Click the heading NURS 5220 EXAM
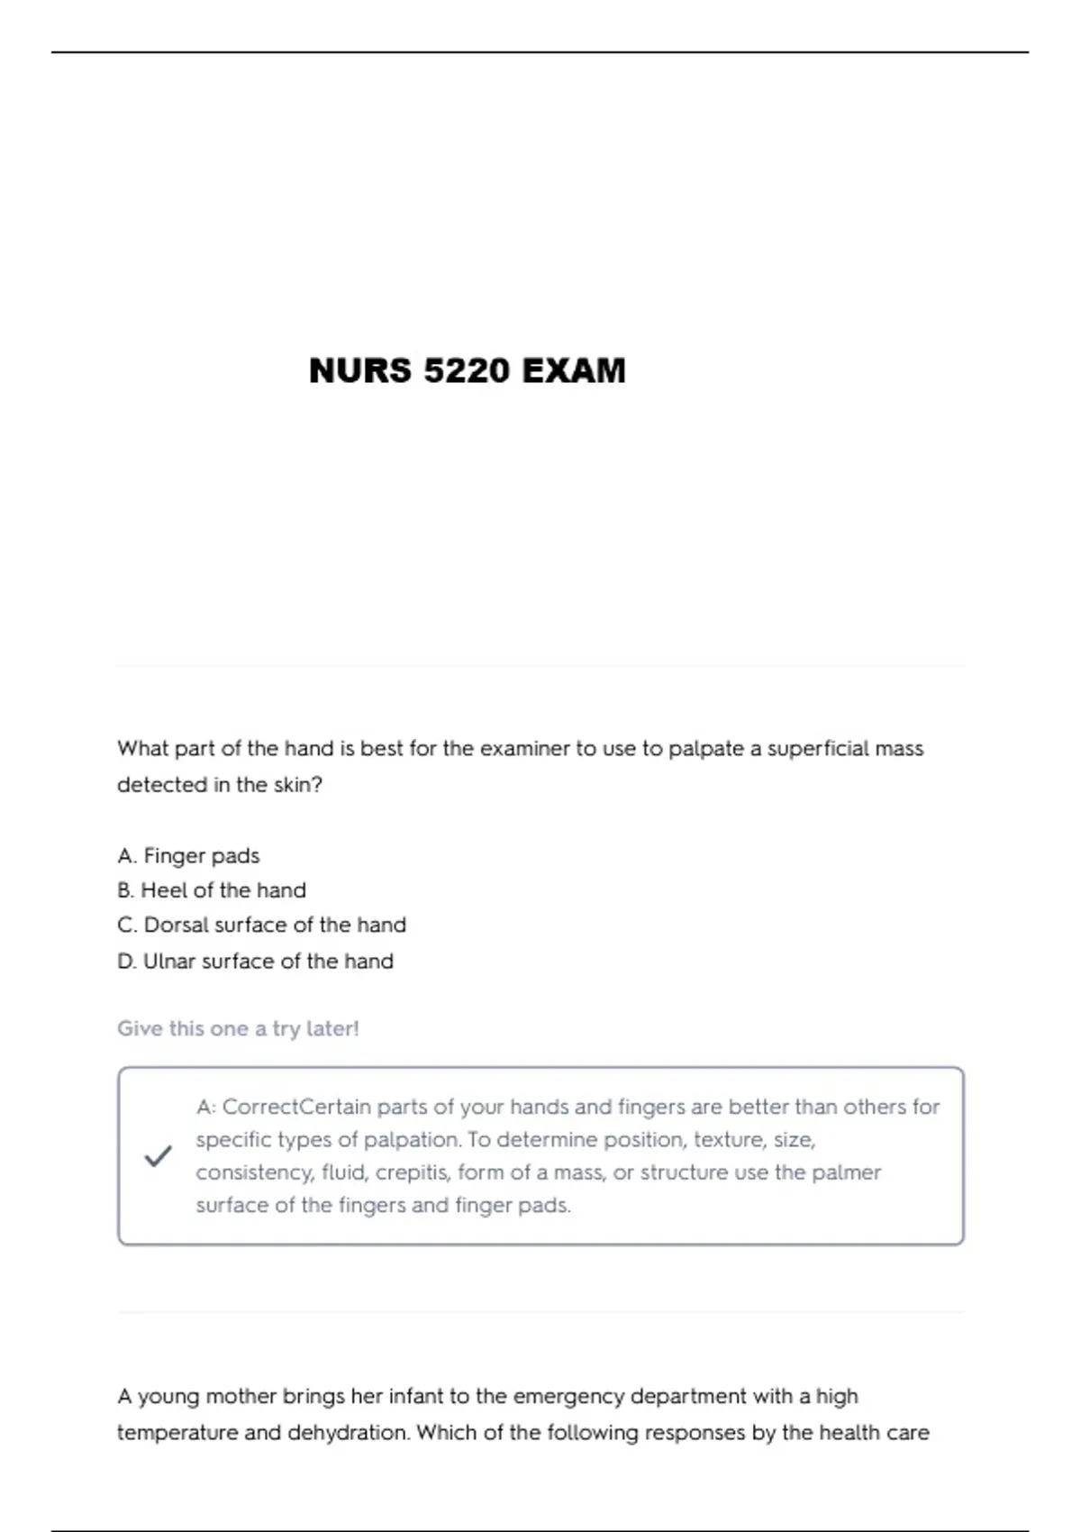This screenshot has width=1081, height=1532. pyautogui.click(x=467, y=370)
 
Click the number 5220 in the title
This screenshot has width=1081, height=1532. pyautogui.click(x=467, y=370)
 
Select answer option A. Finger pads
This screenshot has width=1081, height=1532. pyautogui.click(x=188, y=855)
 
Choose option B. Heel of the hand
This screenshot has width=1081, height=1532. pyautogui.click(x=212, y=890)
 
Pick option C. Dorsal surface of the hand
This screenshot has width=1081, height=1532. pyautogui.click(x=261, y=925)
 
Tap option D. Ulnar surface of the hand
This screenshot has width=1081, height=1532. pyautogui.click(x=255, y=961)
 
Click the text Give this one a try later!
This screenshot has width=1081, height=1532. pyautogui.click(x=238, y=1028)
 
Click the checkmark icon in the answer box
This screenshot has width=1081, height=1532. pyautogui.click(x=158, y=1155)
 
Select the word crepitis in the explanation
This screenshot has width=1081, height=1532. pyautogui.click(x=412, y=1172)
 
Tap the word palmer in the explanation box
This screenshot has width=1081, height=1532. pyautogui.click(x=846, y=1172)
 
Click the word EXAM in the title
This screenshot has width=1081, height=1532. pyautogui.click(x=573, y=370)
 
